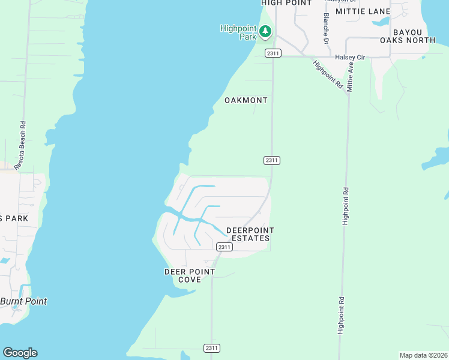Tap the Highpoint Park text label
239,32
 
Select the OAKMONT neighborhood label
246,100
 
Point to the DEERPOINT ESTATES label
250,235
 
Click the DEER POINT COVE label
190,276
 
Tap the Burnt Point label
24,301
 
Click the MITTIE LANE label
363,11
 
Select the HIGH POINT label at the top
287,3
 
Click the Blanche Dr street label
327,28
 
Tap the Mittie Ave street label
351,76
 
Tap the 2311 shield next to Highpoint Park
273,53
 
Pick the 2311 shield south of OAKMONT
272,160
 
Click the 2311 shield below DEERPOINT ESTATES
224,247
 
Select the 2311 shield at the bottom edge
212,348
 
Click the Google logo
20,353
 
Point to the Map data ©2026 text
424,355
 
